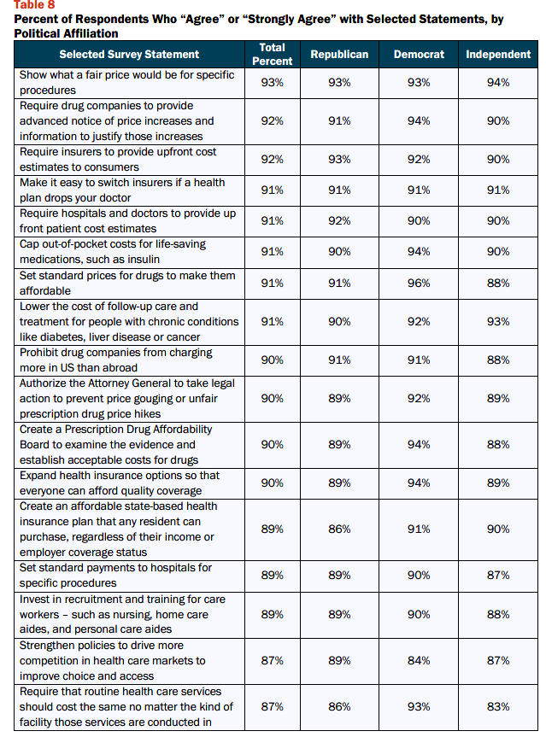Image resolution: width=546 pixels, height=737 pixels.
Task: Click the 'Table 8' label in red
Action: [34, 5]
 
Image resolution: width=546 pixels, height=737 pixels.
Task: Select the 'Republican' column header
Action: [339, 55]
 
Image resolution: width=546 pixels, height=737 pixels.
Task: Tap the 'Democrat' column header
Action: [419, 55]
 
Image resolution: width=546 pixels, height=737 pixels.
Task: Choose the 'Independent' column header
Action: [498, 55]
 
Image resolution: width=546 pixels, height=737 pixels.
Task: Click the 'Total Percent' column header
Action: [273, 54]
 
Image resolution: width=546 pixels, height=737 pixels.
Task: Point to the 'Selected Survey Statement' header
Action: [129, 55]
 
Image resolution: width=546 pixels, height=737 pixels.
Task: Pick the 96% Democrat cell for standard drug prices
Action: [419, 284]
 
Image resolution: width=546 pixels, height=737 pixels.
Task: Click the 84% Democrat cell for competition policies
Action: [419, 661]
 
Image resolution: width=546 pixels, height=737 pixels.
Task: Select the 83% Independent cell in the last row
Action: [498, 707]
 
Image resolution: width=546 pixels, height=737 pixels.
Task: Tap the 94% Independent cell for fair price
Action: [498, 83]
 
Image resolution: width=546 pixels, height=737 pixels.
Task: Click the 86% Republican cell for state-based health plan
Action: [339, 529]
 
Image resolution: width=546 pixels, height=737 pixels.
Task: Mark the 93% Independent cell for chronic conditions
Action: [498, 322]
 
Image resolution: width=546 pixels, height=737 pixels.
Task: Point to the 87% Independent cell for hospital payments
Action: [498, 576]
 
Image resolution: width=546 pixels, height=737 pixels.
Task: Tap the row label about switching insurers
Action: [122, 190]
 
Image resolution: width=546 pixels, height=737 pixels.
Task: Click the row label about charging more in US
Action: [115, 360]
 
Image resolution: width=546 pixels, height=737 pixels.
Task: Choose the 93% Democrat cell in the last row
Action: [419, 707]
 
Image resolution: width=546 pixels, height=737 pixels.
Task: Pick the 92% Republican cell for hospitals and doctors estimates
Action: [339, 221]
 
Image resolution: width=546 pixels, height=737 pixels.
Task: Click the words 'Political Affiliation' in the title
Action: [67, 34]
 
